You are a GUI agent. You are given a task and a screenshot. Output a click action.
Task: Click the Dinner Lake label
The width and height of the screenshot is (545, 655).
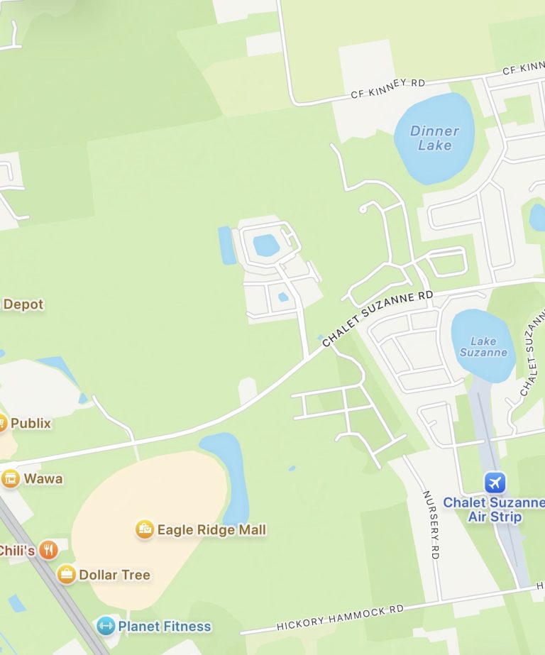[x=434, y=138]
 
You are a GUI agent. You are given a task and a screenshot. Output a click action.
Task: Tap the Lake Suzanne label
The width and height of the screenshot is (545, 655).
[x=483, y=346]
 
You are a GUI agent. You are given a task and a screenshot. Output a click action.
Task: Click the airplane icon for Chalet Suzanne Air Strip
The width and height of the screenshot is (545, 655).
[x=495, y=483]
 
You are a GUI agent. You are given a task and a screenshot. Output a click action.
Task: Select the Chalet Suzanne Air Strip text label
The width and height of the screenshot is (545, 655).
[x=492, y=510]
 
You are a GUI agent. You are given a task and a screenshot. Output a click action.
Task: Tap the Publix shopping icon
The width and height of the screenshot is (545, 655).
[x=2, y=424]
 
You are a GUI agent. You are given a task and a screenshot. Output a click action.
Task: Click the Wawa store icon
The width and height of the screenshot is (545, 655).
[x=11, y=478]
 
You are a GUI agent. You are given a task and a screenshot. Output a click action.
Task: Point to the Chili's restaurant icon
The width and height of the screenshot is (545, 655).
[x=48, y=550]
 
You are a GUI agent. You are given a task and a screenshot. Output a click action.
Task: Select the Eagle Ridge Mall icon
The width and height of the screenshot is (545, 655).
[x=145, y=529]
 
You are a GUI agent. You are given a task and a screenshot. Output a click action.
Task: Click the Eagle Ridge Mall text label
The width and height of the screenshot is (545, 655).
[x=211, y=530]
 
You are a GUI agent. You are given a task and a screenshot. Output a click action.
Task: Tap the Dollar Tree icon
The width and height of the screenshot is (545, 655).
[x=67, y=574]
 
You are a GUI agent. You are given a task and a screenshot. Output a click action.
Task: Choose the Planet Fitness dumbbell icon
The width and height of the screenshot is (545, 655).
[x=106, y=626]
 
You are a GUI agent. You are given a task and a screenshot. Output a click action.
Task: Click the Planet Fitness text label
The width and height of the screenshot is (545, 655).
[x=165, y=627]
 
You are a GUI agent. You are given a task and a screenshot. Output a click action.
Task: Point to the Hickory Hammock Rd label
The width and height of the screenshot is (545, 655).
[x=340, y=617]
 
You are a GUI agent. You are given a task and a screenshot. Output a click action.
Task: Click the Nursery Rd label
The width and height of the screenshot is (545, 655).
[x=431, y=524]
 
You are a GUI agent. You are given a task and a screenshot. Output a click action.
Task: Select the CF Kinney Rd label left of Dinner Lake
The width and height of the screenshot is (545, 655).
[x=387, y=89]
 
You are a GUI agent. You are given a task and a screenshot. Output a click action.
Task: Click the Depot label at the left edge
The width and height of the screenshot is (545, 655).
[x=23, y=304]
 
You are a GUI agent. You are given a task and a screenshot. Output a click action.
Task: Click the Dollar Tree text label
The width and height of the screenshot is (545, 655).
[x=114, y=575]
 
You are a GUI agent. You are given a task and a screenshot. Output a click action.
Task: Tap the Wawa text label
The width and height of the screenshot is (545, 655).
[x=43, y=478]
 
